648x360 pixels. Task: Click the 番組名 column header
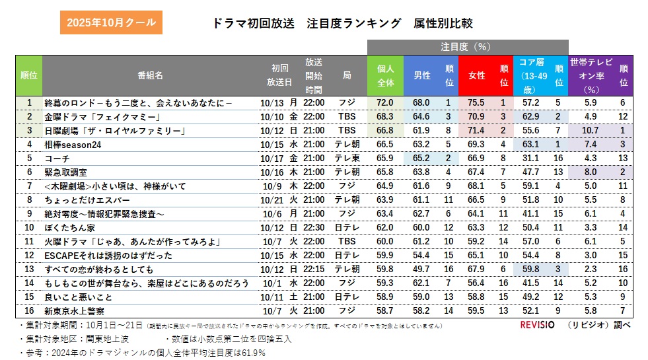point(150,75)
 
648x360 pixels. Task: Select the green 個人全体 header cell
point(385,75)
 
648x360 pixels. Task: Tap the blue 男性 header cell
point(421,75)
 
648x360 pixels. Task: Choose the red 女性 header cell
point(476,75)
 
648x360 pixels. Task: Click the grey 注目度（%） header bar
point(467,46)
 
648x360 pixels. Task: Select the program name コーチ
point(57,158)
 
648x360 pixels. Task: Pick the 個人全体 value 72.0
point(384,102)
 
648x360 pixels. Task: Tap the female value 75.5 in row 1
point(476,102)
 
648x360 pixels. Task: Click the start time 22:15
point(314,269)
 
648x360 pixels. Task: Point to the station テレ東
point(347,158)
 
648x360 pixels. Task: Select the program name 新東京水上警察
point(75,310)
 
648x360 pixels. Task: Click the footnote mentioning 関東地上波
point(60,339)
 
